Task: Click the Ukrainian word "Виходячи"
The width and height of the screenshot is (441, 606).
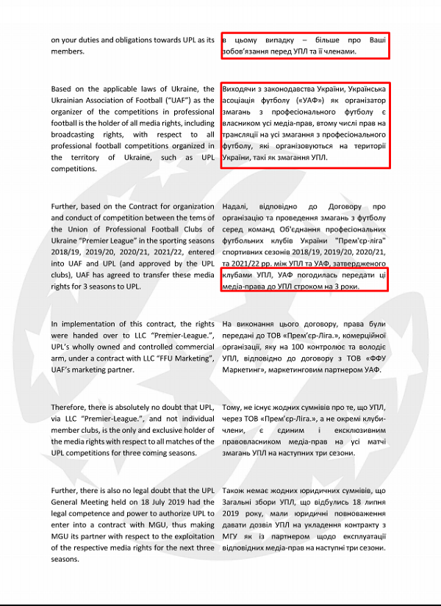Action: (240, 89)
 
